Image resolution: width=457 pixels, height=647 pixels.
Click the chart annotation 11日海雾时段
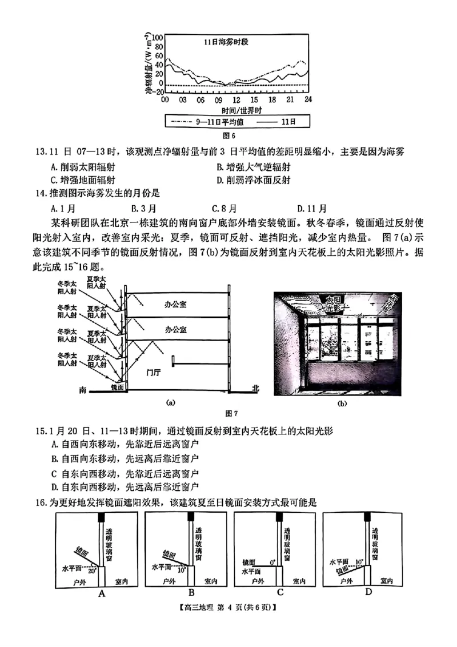pyautogui.click(x=228, y=42)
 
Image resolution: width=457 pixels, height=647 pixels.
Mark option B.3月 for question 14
pyautogui.click(x=142, y=208)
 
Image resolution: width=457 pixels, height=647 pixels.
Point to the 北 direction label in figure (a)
pyautogui.click(x=255, y=389)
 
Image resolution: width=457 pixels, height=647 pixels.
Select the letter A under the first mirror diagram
pyautogui.click(x=102, y=593)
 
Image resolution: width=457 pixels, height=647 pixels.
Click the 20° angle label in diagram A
pyautogui.click(x=92, y=570)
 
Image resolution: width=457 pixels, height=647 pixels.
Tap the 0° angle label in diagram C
pyautogui.click(x=273, y=562)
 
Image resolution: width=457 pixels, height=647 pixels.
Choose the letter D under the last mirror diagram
pyautogui.click(x=368, y=592)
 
